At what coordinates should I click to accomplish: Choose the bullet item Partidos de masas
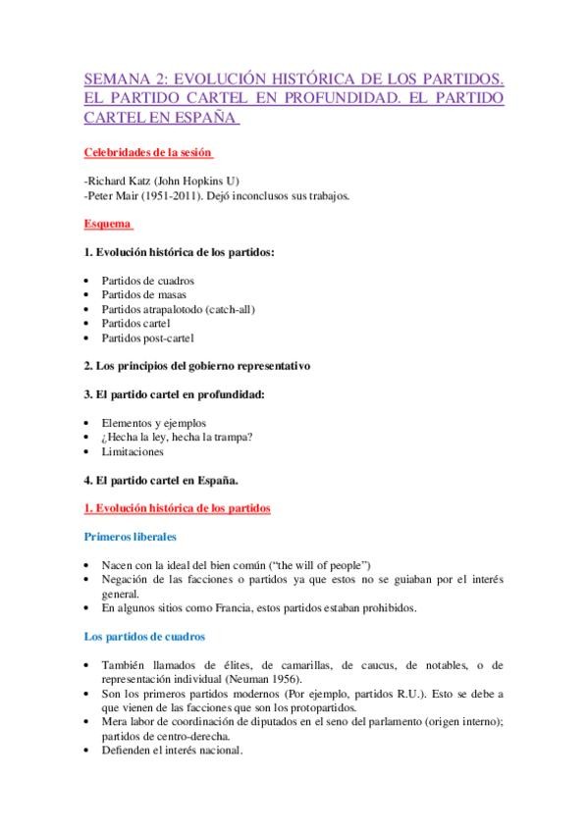click(144, 294)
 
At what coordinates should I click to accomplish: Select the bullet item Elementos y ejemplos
click(153, 423)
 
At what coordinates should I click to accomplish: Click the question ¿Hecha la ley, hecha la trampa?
click(178, 438)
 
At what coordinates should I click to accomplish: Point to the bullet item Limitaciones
click(133, 452)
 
